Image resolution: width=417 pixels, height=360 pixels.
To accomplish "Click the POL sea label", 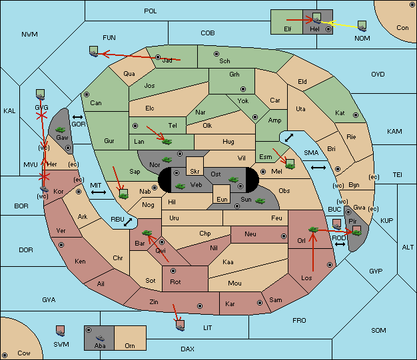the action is (151, 11).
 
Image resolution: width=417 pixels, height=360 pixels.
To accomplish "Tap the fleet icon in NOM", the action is (362, 27).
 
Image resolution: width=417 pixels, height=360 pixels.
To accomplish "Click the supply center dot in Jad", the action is (158, 57).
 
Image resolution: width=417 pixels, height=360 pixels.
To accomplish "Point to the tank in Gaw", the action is (61, 130).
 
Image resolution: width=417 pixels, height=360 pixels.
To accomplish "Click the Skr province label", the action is (195, 172).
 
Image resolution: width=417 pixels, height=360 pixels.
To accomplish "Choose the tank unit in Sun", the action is (260, 201).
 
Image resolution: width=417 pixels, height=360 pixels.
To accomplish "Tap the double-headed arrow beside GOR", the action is (78, 117).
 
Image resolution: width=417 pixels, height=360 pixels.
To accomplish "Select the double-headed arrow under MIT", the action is (99, 192).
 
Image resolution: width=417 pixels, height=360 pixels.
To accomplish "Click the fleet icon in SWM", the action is (61, 331).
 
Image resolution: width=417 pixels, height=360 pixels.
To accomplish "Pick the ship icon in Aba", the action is (100, 338).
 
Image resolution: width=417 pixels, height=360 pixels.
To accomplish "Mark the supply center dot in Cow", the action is (5, 355).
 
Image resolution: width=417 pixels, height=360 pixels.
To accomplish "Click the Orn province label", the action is (130, 345).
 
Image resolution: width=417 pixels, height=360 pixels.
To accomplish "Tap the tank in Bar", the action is (147, 233).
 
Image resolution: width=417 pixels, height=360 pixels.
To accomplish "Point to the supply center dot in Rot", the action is (173, 271).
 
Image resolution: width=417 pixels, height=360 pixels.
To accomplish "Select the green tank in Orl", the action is (313, 230).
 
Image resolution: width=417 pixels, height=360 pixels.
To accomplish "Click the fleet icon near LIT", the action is (180, 325).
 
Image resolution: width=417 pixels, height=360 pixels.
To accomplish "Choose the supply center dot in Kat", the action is (356, 115).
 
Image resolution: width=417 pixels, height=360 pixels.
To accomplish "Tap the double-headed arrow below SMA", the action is (318, 168).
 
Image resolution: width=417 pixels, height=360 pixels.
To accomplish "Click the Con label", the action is (402, 28).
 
